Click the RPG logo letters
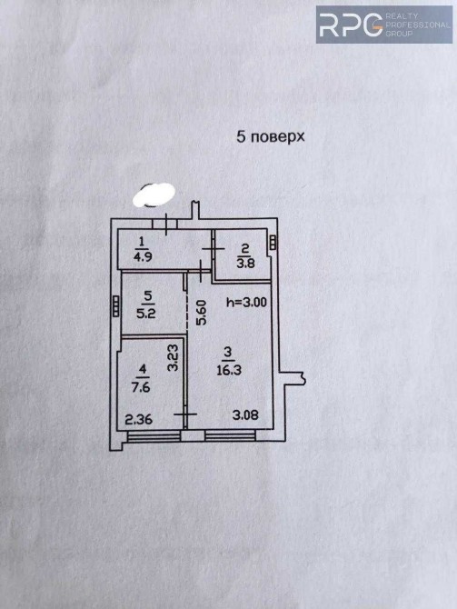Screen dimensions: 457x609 point(351,25)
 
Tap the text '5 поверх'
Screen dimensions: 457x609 point(271,136)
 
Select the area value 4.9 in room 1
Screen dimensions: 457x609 point(143,256)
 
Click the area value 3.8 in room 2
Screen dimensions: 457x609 point(246,263)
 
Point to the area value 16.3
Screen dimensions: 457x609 point(229,369)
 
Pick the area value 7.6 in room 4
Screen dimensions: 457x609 point(141,387)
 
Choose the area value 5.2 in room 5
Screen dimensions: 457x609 point(146,313)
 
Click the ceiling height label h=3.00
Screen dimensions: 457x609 point(246,302)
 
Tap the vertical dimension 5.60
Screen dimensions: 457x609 point(202,313)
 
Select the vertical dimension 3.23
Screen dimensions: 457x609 point(173,358)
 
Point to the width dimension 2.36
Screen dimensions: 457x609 point(139,419)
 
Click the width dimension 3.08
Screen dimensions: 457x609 point(245,414)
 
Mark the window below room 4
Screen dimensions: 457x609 point(154,436)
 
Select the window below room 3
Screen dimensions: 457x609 point(230,435)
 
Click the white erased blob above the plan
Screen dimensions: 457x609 point(154,195)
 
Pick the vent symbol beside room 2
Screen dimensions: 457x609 point(273,243)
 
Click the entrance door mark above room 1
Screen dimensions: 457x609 point(166,225)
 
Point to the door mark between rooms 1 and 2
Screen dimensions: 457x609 point(214,248)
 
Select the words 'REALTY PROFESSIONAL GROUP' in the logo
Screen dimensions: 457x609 point(417,25)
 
